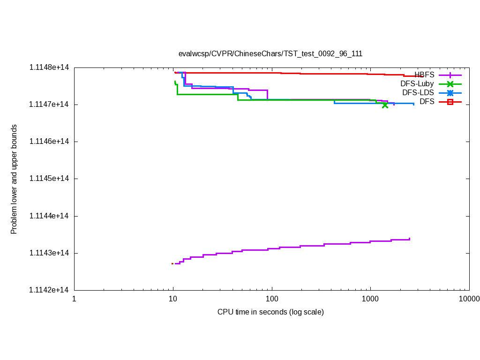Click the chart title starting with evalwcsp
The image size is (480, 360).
(x=270, y=53)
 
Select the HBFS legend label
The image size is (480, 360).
(x=424, y=75)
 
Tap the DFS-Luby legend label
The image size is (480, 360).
(x=417, y=84)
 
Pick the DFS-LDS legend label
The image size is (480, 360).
(x=418, y=93)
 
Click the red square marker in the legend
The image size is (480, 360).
(x=450, y=102)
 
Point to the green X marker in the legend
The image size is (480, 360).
(x=450, y=84)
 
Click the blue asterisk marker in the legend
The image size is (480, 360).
(x=450, y=93)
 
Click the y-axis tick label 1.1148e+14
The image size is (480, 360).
(x=49, y=67)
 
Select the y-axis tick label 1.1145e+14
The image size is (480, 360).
(x=49, y=179)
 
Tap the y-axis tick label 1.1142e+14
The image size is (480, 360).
(x=49, y=290)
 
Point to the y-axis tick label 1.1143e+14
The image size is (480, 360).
(x=49, y=253)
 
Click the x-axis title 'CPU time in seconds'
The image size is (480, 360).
(x=270, y=312)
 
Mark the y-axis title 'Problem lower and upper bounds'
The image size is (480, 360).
(x=14, y=179)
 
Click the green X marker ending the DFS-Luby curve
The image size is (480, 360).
(x=385, y=105)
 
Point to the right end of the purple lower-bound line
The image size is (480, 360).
(x=410, y=239)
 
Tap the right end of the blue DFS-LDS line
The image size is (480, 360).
(x=413, y=104)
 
